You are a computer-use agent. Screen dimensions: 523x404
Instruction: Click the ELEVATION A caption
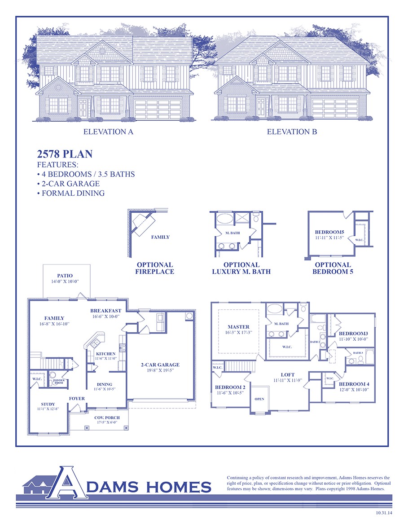pyautogui.click(x=108, y=132)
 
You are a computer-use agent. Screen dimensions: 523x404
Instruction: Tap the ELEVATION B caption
pyautogui.click(x=292, y=132)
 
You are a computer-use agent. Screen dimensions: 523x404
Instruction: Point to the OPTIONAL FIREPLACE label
pyautogui.click(x=155, y=268)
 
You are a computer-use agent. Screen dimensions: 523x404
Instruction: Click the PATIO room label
pyautogui.click(x=65, y=276)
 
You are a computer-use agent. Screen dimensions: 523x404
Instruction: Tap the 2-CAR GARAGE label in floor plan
pyautogui.click(x=160, y=365)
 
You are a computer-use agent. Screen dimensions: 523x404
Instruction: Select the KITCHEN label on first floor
pyautogui.click(x=105, y=354)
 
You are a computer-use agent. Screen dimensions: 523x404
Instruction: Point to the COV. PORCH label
pyautogui.click(x=107, y=418)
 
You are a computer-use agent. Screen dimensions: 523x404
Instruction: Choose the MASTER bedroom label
pyautogui.click(x=238, y=327)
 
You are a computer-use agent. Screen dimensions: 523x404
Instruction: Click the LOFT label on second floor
pyautogui.click(x=288, y=374)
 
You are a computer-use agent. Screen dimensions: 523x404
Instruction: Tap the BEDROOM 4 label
pyautogui.click(x=354, y=384)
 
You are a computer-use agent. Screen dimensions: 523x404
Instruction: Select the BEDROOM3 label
pyautogui.click(x=353, y=334)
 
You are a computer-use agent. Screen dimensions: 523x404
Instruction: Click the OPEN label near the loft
pyautogui.click(x=259, y=399)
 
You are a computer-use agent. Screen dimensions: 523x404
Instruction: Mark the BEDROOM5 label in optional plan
pyautogui.click(x=329, y=232)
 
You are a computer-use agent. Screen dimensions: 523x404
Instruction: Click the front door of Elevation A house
pyautogui.click(x=83, y=108)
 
